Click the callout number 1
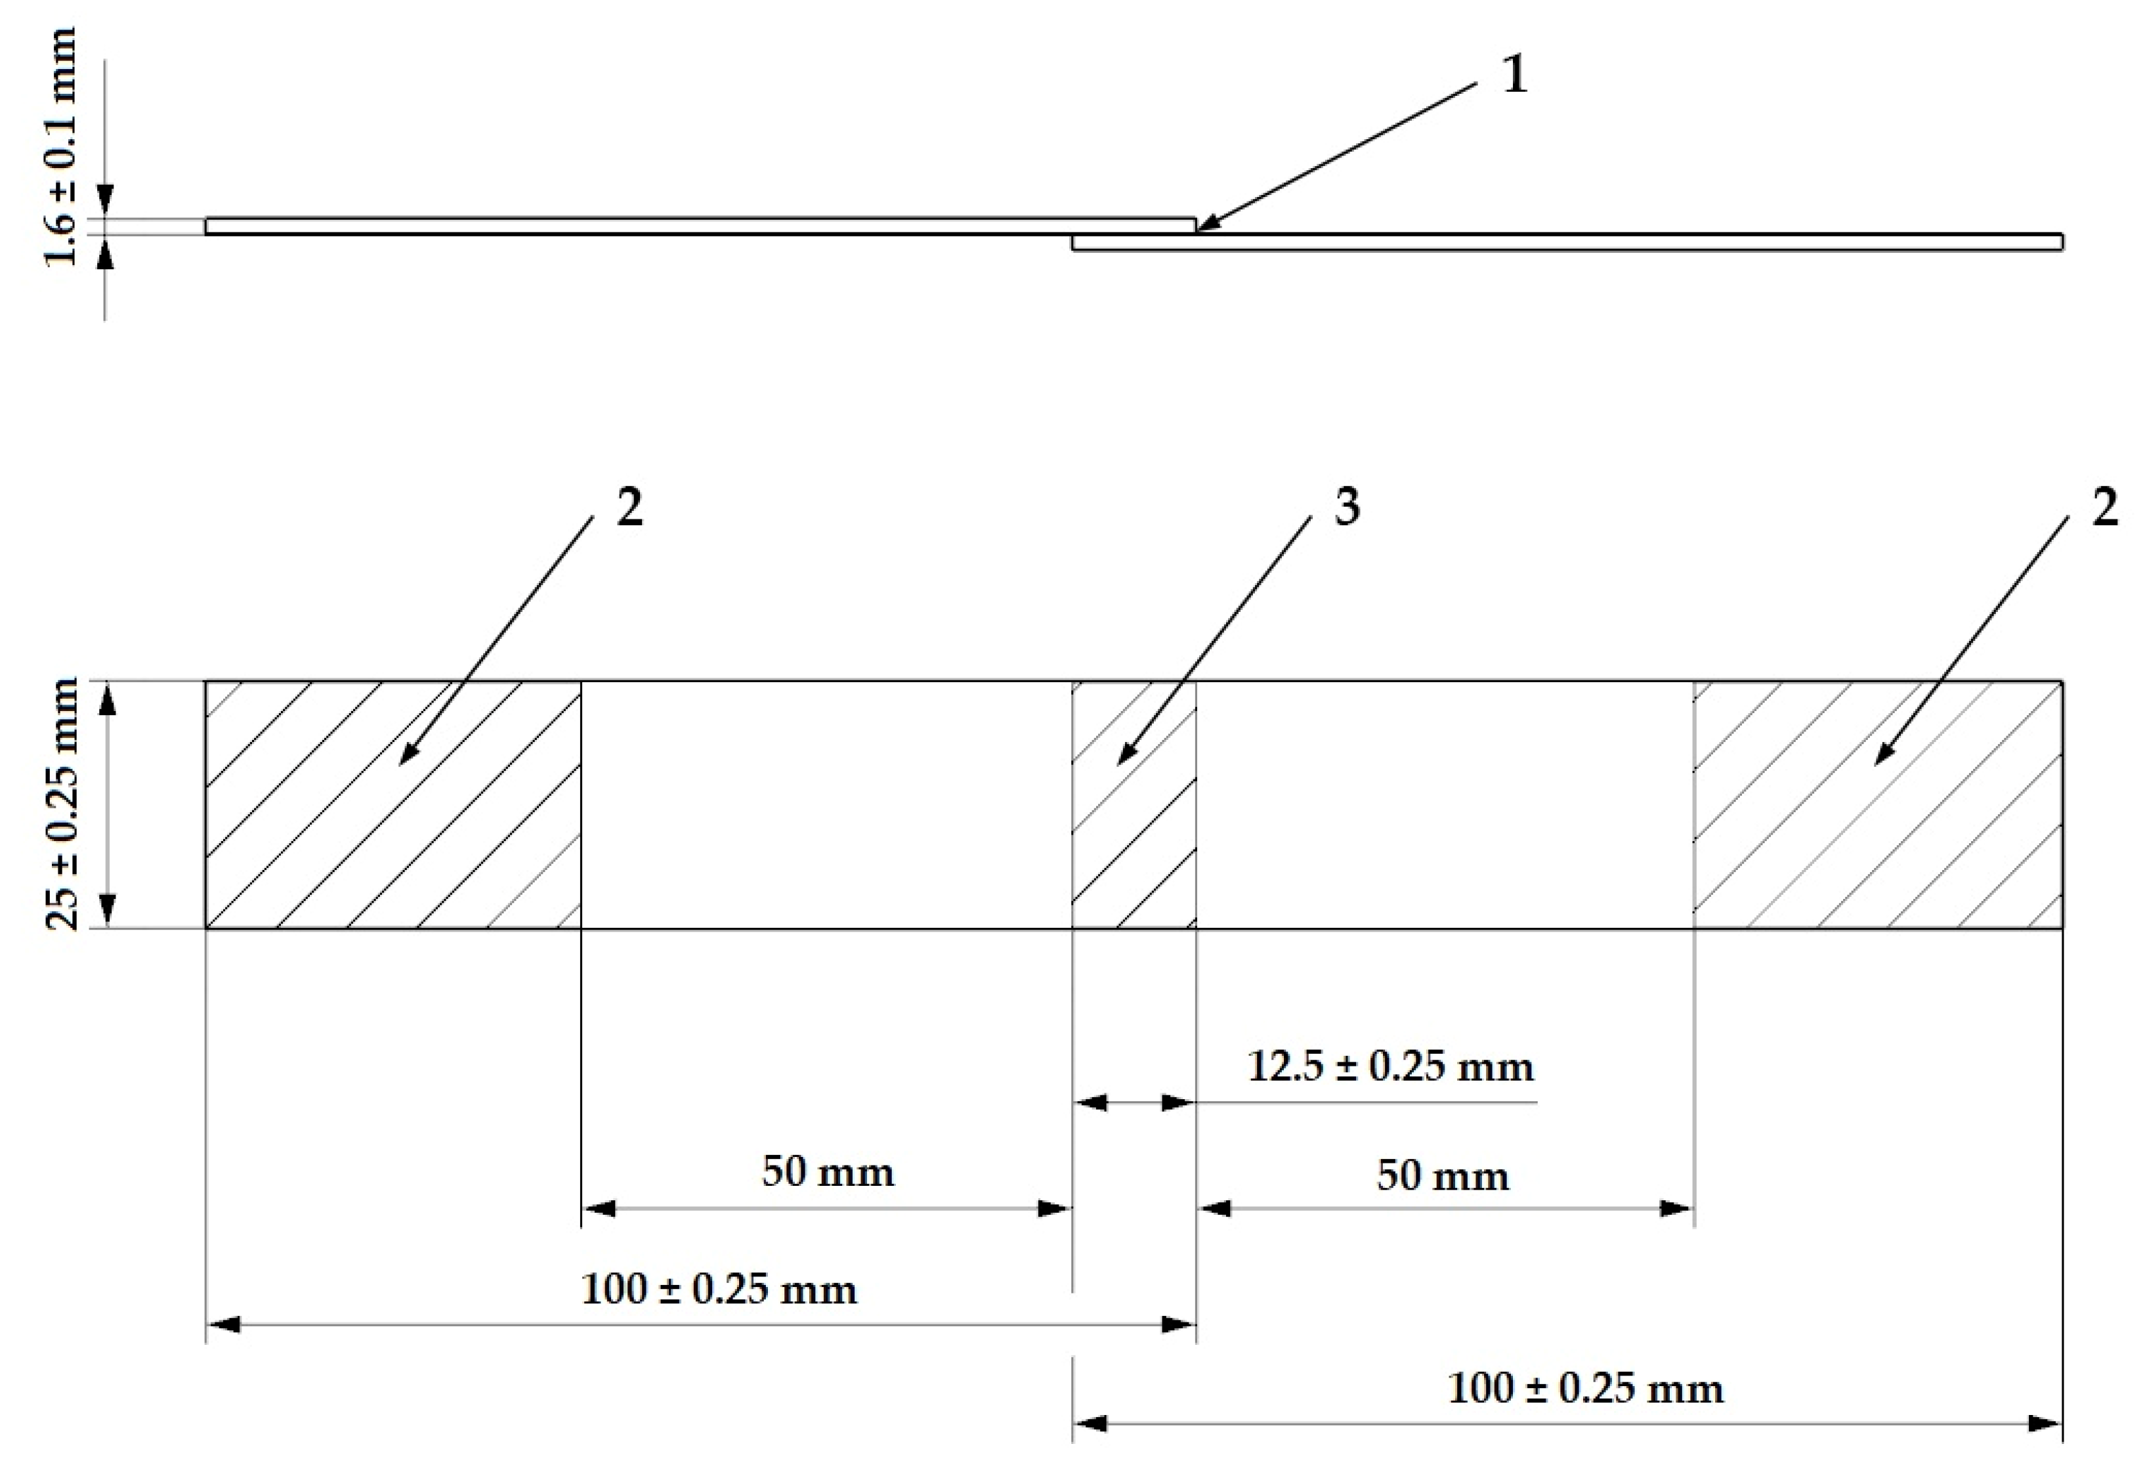(1515, 75)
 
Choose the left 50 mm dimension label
(827, 1172)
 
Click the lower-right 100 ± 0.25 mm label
(1585, 1389)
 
